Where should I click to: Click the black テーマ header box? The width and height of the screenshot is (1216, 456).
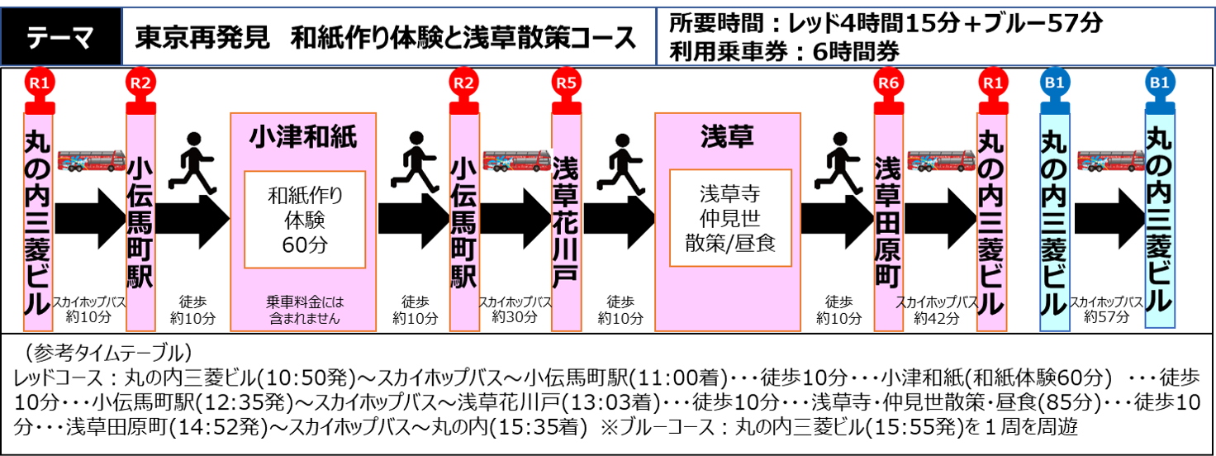click(x=61, y=37)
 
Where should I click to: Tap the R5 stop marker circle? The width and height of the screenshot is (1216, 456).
click(x=566, y=83)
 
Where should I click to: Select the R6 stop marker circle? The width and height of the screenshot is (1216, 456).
click(x=889, y=83)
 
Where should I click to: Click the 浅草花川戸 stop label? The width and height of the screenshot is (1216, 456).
click(x=566, y=221)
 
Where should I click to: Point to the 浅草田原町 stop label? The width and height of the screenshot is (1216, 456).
click(x=889, y=221)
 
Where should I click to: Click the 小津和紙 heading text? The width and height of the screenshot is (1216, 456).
click(x=303, y=136)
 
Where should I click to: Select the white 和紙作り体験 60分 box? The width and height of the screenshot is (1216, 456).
click(x=305, y=220)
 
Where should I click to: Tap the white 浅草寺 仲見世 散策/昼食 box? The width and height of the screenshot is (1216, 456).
click(x=730, y=218)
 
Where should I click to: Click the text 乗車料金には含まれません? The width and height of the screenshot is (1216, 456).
click(x=305, y=310)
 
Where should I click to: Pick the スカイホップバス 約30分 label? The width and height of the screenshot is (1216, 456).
click(x=515, y=309)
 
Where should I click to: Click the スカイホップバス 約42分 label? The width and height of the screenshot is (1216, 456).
click(x=937, y=310)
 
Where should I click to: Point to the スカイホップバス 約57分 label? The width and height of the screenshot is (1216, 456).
click(x=1107, y=309)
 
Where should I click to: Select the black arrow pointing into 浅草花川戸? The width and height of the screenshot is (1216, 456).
click(x=515, y=219)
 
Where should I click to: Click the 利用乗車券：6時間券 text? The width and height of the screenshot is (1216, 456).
click(x=784, y=52)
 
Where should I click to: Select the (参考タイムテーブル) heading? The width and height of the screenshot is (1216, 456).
click(x=108, y=353)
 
